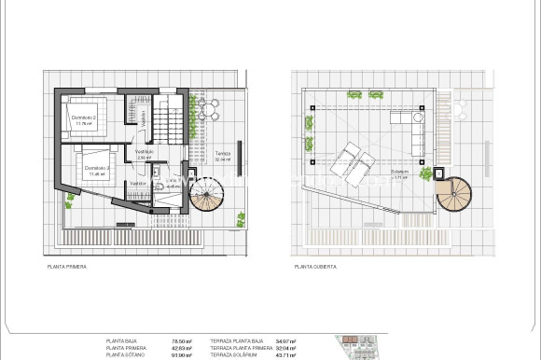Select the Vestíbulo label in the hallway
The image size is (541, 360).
point(144,151)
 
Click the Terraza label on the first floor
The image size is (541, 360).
point(222,154)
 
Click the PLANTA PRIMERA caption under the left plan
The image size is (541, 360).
point(67,267)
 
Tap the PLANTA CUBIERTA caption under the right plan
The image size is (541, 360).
point(315,267)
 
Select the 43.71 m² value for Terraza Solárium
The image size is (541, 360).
point(284,354)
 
